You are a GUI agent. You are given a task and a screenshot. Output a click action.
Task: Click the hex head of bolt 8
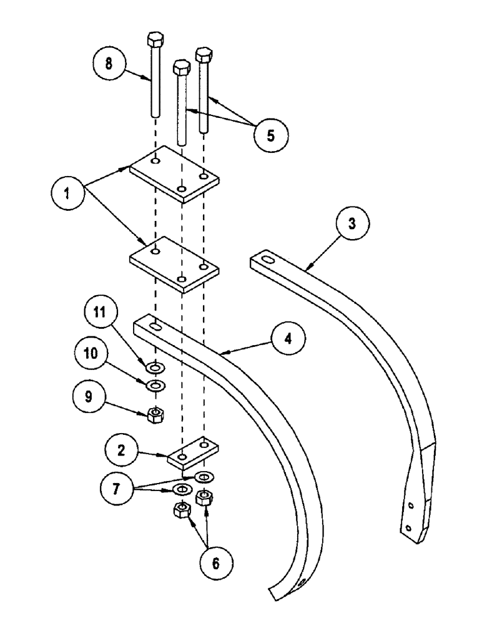pyautogui.click(x=154, y=41)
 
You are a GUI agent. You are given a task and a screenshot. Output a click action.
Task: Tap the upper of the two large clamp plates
pyautogui.click(x=174, y=174)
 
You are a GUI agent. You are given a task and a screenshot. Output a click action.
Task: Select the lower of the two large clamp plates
pyautogui.click(x=174, y=264)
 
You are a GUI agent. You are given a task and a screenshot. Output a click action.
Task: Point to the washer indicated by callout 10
pyautogui.click(x=154, y=387)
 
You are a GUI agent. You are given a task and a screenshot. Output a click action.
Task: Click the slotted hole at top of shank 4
pyautogui.click(x=154, y=325)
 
